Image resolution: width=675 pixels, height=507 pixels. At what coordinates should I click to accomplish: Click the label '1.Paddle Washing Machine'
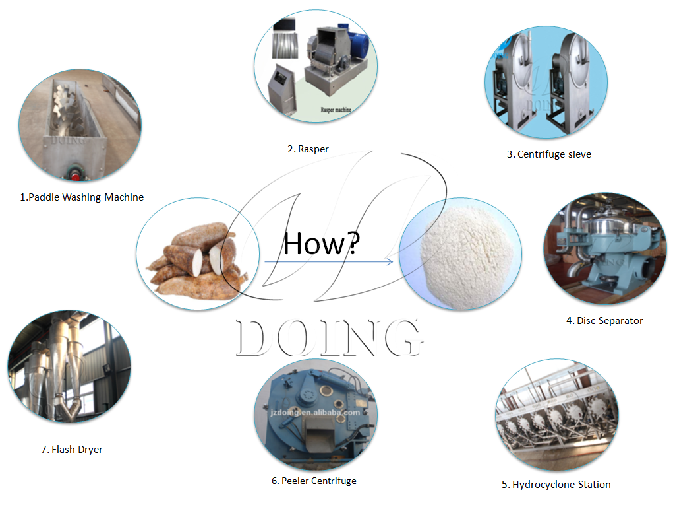click(x=82, y=197)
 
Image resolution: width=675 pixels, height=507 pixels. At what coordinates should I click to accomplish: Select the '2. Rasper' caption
click(x=307, y=149)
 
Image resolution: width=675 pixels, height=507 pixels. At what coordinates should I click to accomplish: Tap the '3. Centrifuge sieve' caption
click(x=548, y=154)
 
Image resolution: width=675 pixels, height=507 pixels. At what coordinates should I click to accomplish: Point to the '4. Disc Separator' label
click(x=604, y=321)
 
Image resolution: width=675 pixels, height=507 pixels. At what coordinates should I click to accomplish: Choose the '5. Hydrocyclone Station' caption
click(x=556, y=485)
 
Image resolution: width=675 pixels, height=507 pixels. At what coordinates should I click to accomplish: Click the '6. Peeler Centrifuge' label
click(x=314, y=481)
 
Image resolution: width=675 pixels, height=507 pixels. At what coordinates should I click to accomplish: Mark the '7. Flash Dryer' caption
click(x=72, y=450)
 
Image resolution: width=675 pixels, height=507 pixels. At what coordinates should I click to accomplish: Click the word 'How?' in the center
click(x=322, y=244)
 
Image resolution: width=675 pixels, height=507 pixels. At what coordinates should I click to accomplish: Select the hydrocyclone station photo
click(x=556, y=415)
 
